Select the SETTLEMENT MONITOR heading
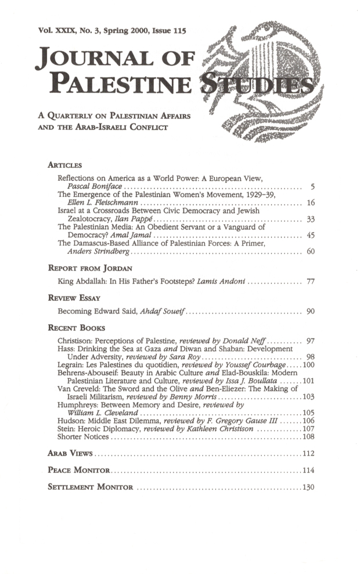[90, 486]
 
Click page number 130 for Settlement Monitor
[308, 486]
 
